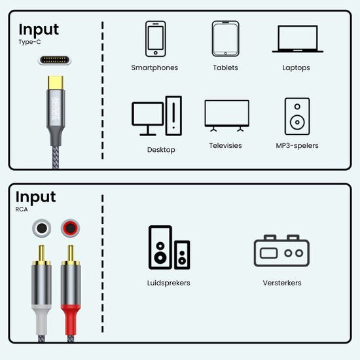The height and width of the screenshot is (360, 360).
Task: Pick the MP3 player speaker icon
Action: tap(297, 116)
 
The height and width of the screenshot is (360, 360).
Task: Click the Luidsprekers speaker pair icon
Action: tap(169, 247)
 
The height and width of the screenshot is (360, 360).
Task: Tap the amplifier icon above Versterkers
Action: tap(281, 251)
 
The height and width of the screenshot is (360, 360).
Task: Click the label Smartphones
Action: tap(154, 67)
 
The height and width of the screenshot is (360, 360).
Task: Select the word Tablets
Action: tap(225, 67)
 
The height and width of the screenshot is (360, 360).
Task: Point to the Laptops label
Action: tap(297, 67)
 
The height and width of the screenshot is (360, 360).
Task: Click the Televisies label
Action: tap(226, 146)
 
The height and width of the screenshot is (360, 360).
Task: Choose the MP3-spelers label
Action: tap(297, 146)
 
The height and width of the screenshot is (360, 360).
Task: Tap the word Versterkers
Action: tap(281, 283)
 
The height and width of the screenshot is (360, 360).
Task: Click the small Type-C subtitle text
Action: tap(29, 42)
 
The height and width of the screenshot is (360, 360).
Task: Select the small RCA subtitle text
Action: tap(23, 210)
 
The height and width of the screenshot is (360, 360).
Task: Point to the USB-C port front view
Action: tap(55, 60)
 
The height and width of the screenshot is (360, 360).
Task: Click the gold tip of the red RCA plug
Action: tap(69, 253)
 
